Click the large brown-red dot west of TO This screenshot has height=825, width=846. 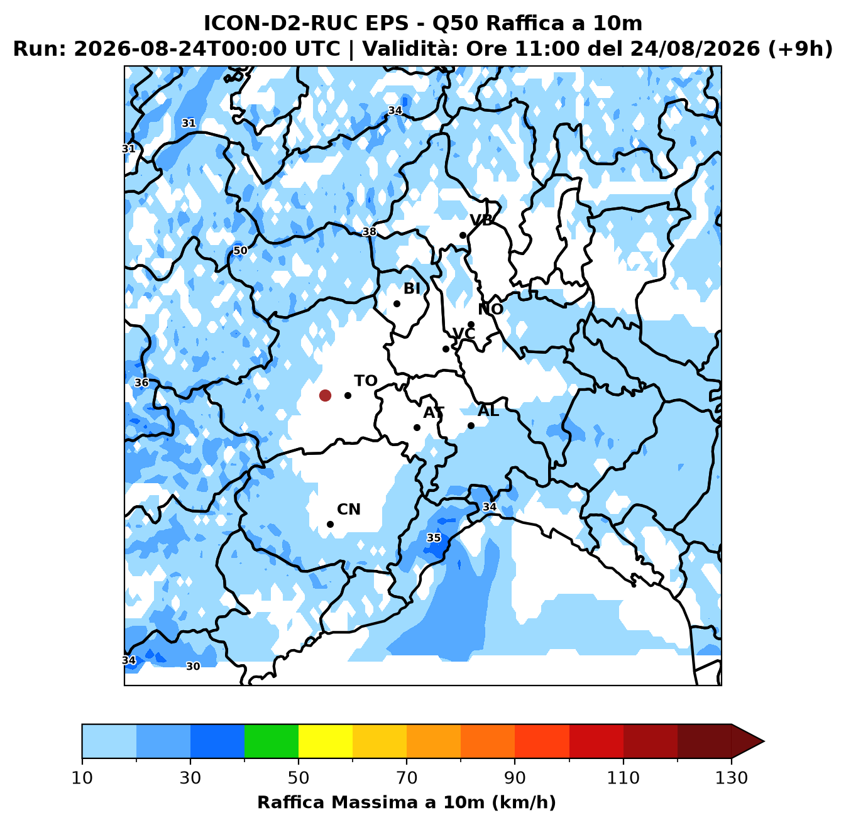tap(325, 395)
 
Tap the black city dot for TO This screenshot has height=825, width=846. tap(348, 395)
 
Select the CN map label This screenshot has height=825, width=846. tap(349, 509)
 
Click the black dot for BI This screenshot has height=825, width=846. tap(397, 303)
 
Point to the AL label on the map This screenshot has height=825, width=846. tap(488, 410)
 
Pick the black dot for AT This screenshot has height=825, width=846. tap(417, 427)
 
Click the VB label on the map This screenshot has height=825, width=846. tap(481, 220)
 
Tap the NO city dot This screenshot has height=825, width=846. tap(471, 324)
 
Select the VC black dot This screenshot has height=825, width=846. tap(446, 349)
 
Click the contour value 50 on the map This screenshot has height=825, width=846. tap(240, 250)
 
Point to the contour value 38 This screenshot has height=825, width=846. tap(369, 232)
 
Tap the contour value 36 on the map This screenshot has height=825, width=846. tap(141, 383)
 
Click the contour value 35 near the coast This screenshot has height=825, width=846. tap(434, 538)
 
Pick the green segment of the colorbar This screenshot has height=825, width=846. tap(272, 741)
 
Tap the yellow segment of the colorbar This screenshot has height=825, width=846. tap(326, 741)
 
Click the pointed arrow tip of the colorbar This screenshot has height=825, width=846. tap(764, 741)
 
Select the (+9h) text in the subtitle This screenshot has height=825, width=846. tap(800, 48)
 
